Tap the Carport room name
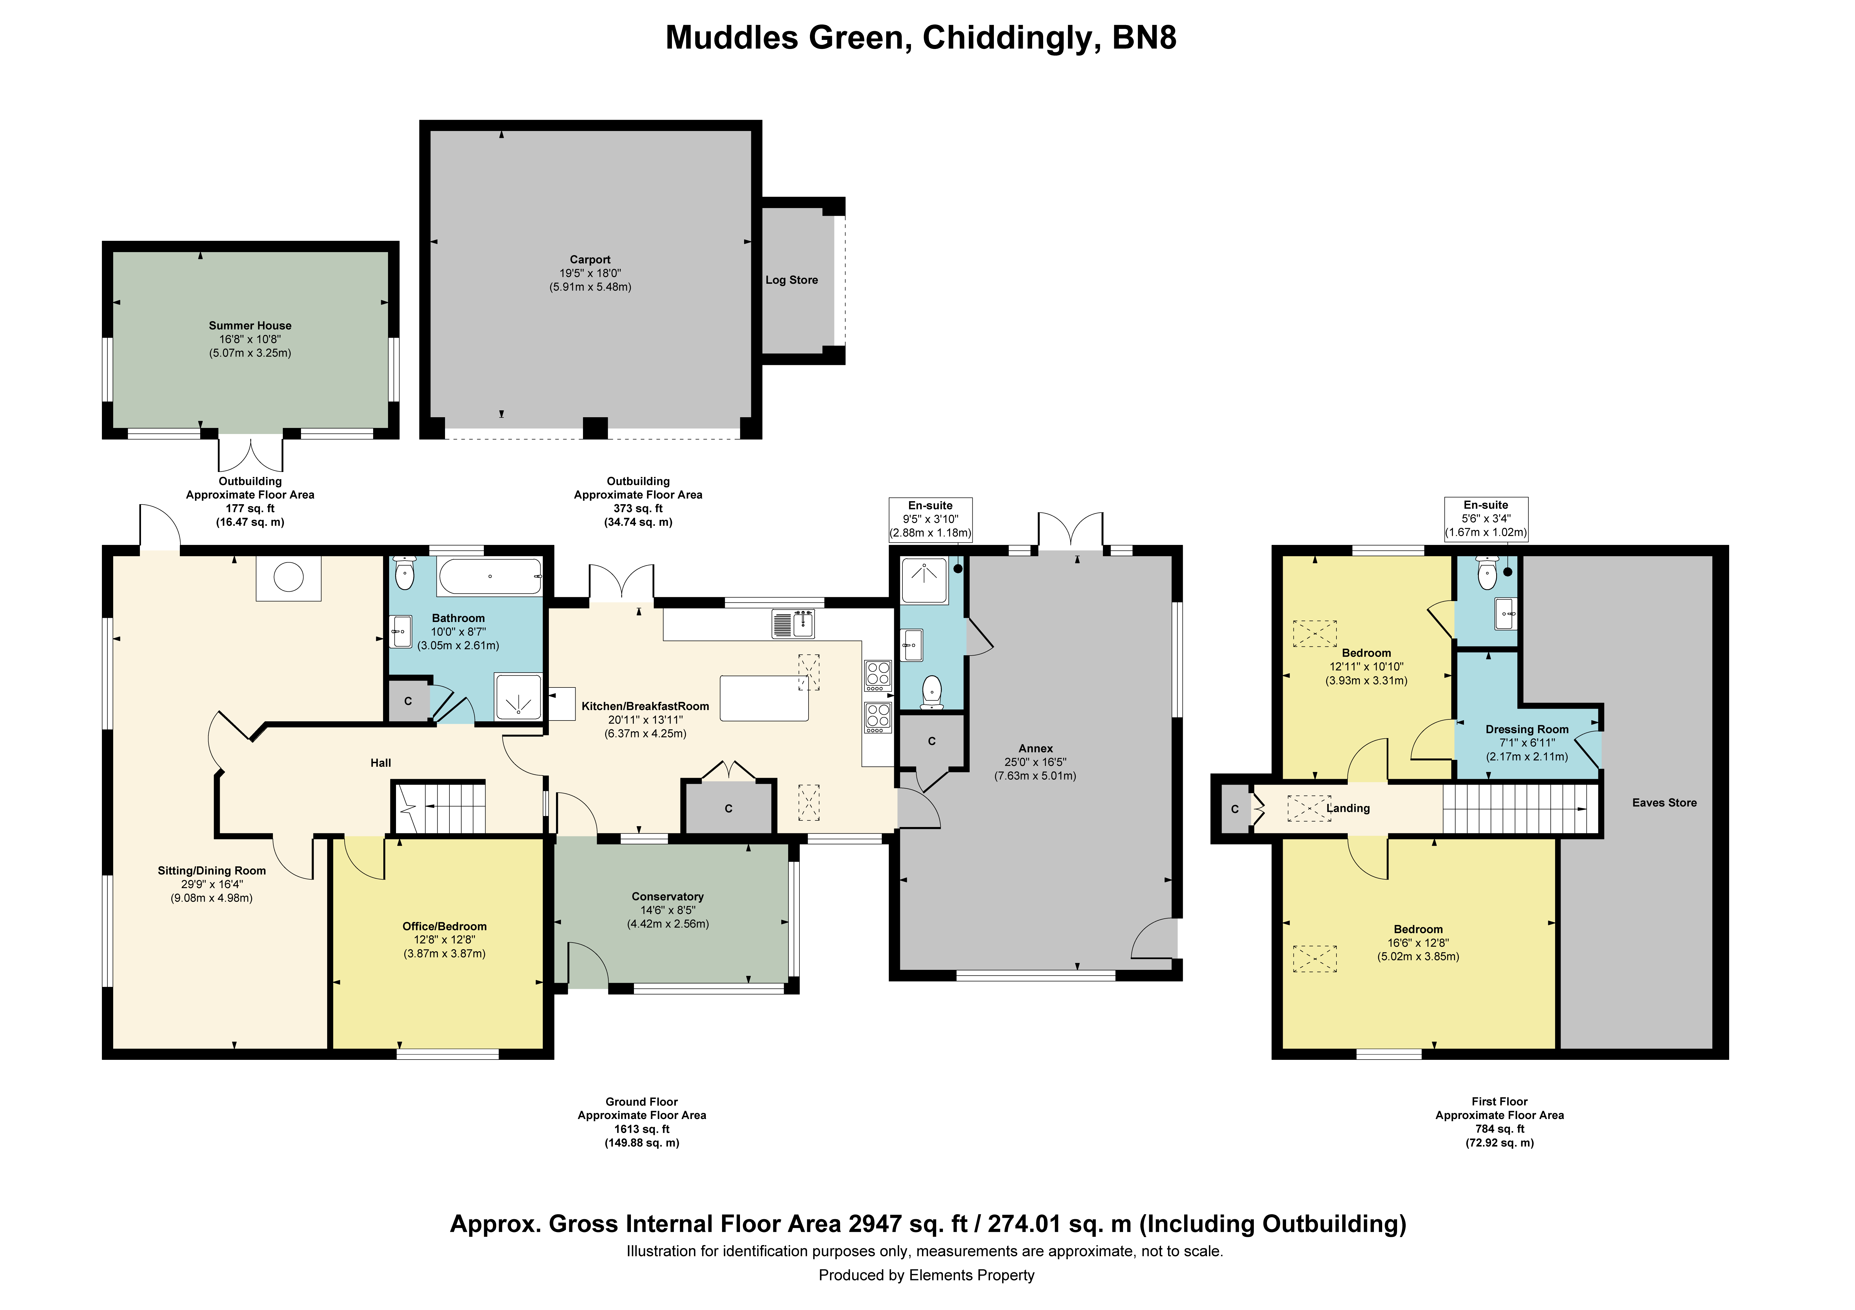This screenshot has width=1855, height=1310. click(x=590, y=259)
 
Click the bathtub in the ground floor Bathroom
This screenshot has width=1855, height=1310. click(x=490, y=577)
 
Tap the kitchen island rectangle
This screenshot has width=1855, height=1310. click(x=764, y=698)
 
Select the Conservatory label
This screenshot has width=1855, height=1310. click(x=667, y=896)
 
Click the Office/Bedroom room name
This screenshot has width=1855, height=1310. click(x=444, y=926)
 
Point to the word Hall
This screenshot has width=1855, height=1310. click(x=381, y=762)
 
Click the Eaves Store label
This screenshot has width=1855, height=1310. click(x=1664, y=803)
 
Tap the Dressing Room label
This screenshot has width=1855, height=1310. click(x=1527, y=729)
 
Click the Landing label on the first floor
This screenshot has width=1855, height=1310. click(x=1349, y=809)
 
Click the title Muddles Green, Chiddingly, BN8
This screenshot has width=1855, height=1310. click(x=921, y=38)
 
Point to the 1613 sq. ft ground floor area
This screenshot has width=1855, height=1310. click(x=642, y=1129)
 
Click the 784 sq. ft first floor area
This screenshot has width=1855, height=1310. click(x=1499, y=1129)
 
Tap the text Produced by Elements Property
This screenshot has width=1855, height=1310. click(x=927, y=1275)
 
